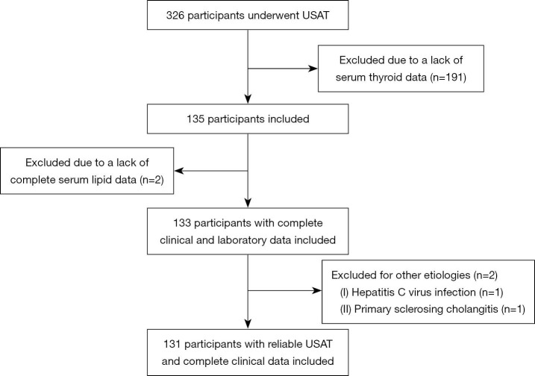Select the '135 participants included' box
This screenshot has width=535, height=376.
point(247,118)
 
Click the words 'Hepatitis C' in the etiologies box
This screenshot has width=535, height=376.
point(370,289)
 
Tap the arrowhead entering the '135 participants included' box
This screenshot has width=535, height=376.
point(247,101)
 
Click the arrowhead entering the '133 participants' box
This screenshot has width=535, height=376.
point(247,204)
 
